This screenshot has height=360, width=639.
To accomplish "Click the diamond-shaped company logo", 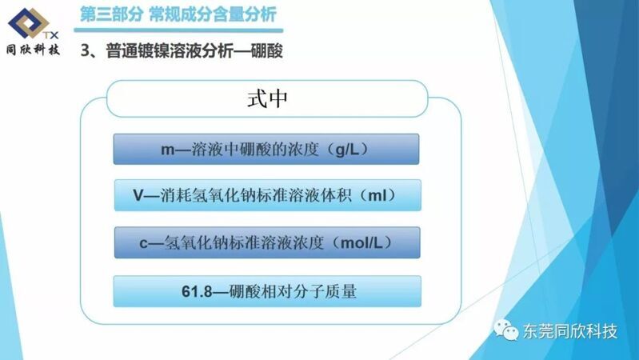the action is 29,23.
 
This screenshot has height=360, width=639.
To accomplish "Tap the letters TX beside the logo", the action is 50,35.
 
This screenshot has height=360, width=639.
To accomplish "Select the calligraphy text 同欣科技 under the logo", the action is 33,50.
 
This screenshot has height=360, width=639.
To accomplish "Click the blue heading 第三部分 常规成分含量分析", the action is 178,14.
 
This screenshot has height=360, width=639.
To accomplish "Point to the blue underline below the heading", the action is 178,30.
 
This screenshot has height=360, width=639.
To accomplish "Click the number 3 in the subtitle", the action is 85,51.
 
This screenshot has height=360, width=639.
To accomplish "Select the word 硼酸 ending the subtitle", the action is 266,51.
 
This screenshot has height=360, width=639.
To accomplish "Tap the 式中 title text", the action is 267,98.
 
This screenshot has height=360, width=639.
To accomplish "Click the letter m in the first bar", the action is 167,150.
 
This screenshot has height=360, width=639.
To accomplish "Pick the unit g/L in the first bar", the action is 347,150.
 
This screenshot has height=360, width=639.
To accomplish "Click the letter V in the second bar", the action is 138,195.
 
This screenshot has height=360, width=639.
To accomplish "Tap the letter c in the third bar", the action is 143,243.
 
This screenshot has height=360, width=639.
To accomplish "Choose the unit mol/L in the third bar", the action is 361,243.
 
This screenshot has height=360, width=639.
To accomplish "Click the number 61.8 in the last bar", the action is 197,291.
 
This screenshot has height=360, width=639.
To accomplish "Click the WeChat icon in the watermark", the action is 506,330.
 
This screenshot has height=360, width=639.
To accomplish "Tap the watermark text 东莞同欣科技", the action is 570,331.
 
